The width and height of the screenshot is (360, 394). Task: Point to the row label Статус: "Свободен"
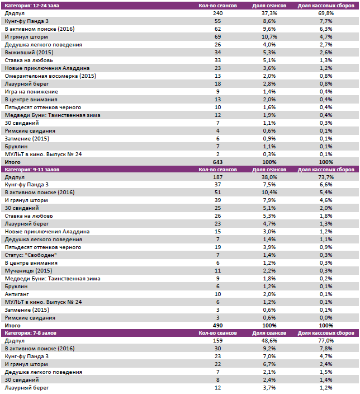[31, 255]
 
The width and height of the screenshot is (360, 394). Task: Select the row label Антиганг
[16, 294]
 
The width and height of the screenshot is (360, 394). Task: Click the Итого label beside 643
[12, 162]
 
